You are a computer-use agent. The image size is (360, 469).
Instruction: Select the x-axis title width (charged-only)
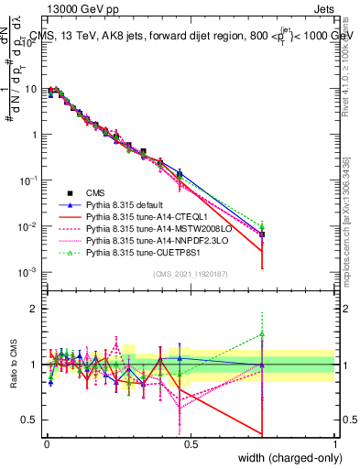pos(288,458)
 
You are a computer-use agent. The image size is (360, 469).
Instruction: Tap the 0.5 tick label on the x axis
pos(191,443)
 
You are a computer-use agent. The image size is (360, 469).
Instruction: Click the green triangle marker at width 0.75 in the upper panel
pos(262,225)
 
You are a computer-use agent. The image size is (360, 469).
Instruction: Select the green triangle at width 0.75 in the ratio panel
pos(262,333)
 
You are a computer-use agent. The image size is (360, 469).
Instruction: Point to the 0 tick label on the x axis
pos(47,443)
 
